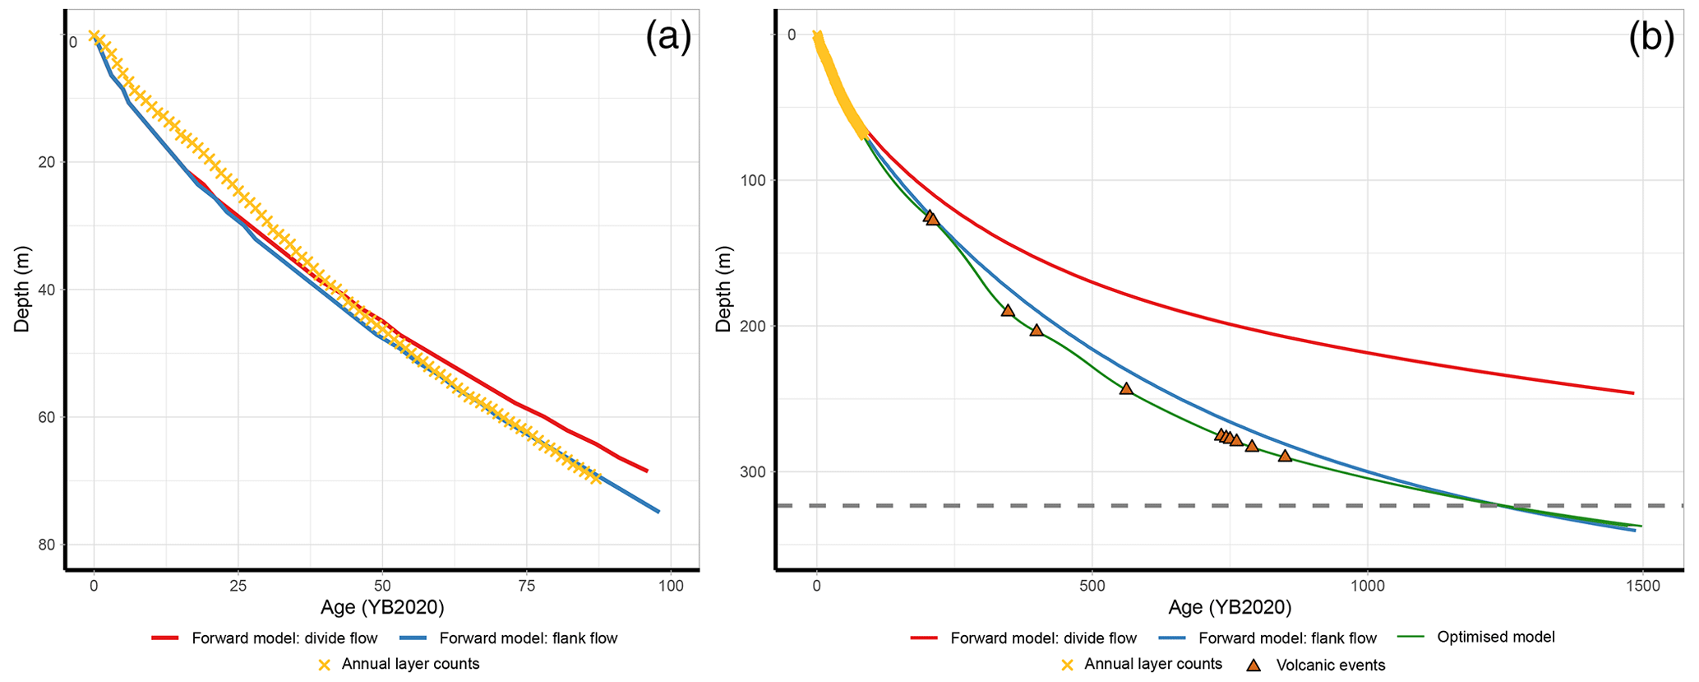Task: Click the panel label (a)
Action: (667, 37)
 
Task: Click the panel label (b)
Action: (1651, 37)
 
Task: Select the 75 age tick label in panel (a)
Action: (526, 586)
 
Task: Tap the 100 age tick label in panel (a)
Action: (671, 586)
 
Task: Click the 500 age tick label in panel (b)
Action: (1092, 586)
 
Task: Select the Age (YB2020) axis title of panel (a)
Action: (382, 608)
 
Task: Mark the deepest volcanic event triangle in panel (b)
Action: (1285, 456)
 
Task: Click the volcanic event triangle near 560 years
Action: (1126, 388)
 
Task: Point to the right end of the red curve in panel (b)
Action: (1632, 393)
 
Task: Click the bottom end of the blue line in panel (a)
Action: (658, 512)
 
